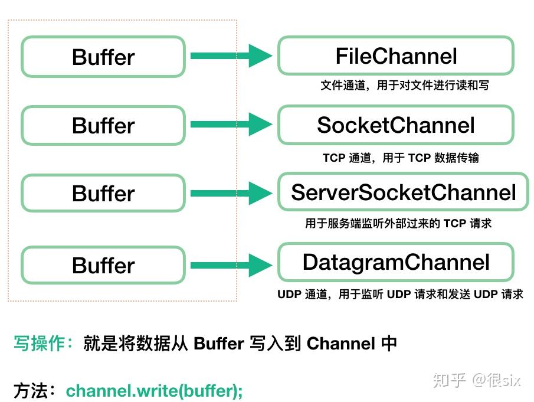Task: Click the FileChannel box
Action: click(x=396, y=56)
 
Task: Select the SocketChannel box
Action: click(x=396, y=125)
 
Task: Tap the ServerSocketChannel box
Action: click(x=404, y=192)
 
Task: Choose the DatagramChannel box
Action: click(x=396, y=262)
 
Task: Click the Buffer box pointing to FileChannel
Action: click(x=103, y=57)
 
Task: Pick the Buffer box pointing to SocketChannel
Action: click(x=103, y=126)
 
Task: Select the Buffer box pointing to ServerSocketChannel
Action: click(x=103, y=194)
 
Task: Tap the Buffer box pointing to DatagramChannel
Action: click(x=103, y=266)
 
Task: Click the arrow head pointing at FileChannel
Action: click(x=260, y=56)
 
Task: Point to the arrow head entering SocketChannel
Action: click(x=260, y=125)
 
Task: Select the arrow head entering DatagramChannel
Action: click(x=260, y=265)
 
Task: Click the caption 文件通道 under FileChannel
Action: click(x=404, y=86)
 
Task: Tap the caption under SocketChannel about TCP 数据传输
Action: click(x=401, y=158)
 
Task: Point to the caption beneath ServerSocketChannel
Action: click(x=398, y=224)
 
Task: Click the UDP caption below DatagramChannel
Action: click(x=400, y=294)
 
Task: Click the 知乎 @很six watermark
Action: click(x=477, y=380)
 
